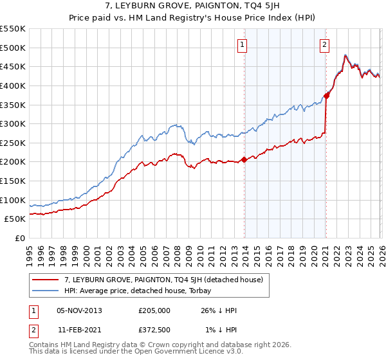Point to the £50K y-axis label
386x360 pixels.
click(15, 219)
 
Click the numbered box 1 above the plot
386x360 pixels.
click(243, 44)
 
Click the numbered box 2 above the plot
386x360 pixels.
click(324, 44)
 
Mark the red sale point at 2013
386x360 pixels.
click(244, 159)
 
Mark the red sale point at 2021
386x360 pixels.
click(326, 96)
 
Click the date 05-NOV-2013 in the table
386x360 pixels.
click(79, 310)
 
